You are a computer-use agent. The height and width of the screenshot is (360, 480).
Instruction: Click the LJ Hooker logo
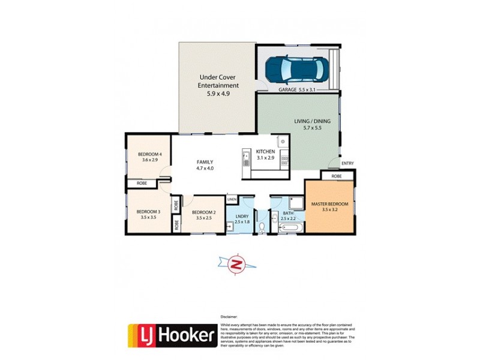[172, 335]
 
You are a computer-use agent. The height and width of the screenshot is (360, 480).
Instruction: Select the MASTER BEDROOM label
[329, 205]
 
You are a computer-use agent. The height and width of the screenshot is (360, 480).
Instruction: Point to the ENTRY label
[347, 163]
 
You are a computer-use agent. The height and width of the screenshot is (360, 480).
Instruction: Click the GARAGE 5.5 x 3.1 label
[297, 89]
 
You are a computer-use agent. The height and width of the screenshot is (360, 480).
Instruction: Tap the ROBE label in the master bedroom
[336, 176]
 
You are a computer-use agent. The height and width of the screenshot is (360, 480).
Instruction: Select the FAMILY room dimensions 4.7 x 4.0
[205, 169]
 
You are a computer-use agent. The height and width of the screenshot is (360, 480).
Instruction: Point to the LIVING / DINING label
[312, 121]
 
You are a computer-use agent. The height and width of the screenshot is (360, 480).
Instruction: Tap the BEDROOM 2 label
[203, 212]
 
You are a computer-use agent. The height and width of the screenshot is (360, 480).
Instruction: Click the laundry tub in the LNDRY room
[231, 226]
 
